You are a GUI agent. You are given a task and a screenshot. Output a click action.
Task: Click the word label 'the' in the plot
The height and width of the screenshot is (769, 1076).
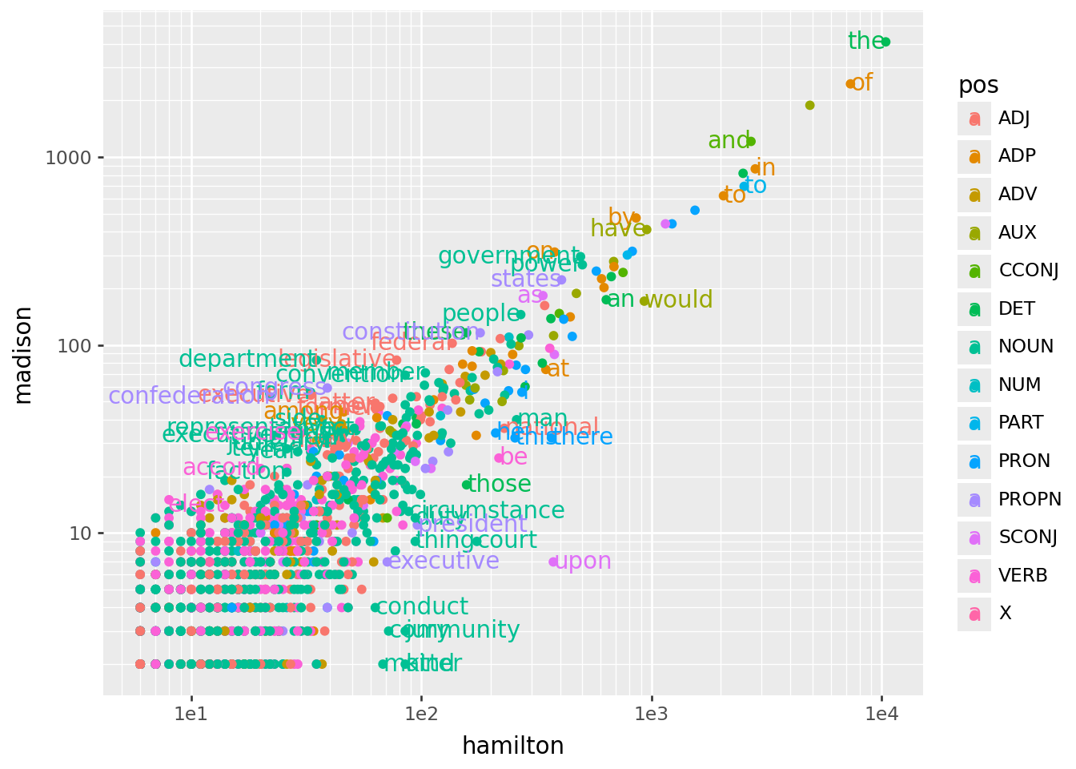tap(865, 41)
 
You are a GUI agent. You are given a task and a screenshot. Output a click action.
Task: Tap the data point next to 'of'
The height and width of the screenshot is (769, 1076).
tap(851, 84)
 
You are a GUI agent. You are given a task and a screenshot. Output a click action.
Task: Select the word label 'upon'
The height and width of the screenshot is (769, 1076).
tap(583, 562)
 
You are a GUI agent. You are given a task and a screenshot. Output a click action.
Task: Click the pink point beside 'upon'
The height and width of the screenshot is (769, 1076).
tap(553, 562)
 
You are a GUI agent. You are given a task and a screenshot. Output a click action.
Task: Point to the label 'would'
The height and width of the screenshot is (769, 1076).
tap(679, 300)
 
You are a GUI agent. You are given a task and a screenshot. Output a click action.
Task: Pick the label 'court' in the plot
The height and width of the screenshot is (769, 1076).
tap(508, 541)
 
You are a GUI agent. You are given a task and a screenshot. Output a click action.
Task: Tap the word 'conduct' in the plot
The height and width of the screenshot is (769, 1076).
tap(422, 607)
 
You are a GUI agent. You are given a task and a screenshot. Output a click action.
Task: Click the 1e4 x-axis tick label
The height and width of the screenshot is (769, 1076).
tap(881, 713)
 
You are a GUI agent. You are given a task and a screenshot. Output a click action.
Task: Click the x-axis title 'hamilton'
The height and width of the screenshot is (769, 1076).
tap(513, 747)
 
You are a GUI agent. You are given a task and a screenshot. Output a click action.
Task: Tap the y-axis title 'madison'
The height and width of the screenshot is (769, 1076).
tap(24, 355)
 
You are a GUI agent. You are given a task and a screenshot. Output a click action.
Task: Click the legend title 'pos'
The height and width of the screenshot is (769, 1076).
tap(978, 86)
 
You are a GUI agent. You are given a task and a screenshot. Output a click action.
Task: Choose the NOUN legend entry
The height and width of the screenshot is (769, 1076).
tap(1026, 347)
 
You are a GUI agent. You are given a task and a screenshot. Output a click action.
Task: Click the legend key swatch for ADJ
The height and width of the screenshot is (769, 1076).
tap(974, 119)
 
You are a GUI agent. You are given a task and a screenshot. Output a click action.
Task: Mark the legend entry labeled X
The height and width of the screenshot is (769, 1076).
tap(1005, 614)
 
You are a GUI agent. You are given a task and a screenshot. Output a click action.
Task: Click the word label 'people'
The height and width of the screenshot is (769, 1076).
tap(481, 314)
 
